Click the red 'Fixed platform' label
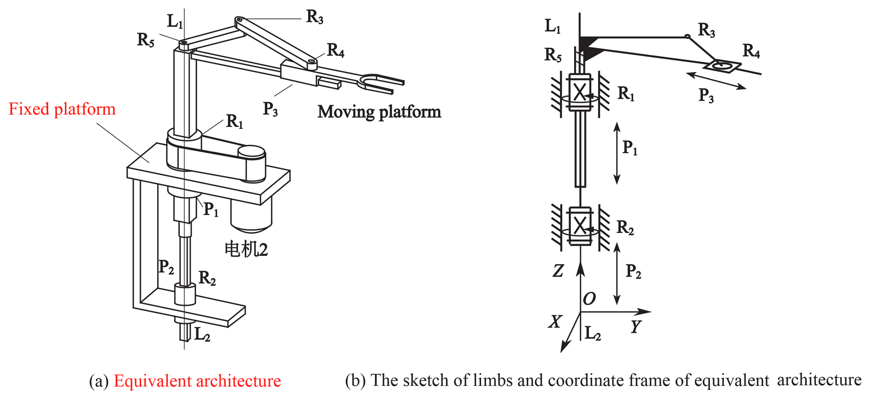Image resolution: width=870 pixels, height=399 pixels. pos(62,109)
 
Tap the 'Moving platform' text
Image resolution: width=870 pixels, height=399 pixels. pos(379,112)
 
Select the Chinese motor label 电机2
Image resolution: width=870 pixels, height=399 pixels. pos(246,249)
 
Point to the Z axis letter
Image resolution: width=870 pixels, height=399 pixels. pos(558,271)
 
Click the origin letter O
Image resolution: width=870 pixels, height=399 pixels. pos(589,299)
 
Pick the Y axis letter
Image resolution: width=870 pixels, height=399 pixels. pos(636,326)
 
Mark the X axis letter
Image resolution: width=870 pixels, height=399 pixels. pos(555,322)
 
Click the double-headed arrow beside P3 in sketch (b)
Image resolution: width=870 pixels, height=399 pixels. pos(716,80)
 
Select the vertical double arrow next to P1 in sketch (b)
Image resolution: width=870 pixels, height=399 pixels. pos(617,153)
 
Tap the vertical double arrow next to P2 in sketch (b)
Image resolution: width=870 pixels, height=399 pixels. pos(617,273)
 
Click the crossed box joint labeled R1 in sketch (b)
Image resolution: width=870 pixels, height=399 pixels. pos(580,92)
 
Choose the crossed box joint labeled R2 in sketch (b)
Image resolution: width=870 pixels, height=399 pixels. pos(580,226)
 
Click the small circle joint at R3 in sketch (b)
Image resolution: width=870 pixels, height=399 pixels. pos(687,37)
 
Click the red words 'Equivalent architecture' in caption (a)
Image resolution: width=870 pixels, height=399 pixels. pos(197,381)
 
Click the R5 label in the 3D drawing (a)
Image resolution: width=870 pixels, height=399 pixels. pos(146,40)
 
